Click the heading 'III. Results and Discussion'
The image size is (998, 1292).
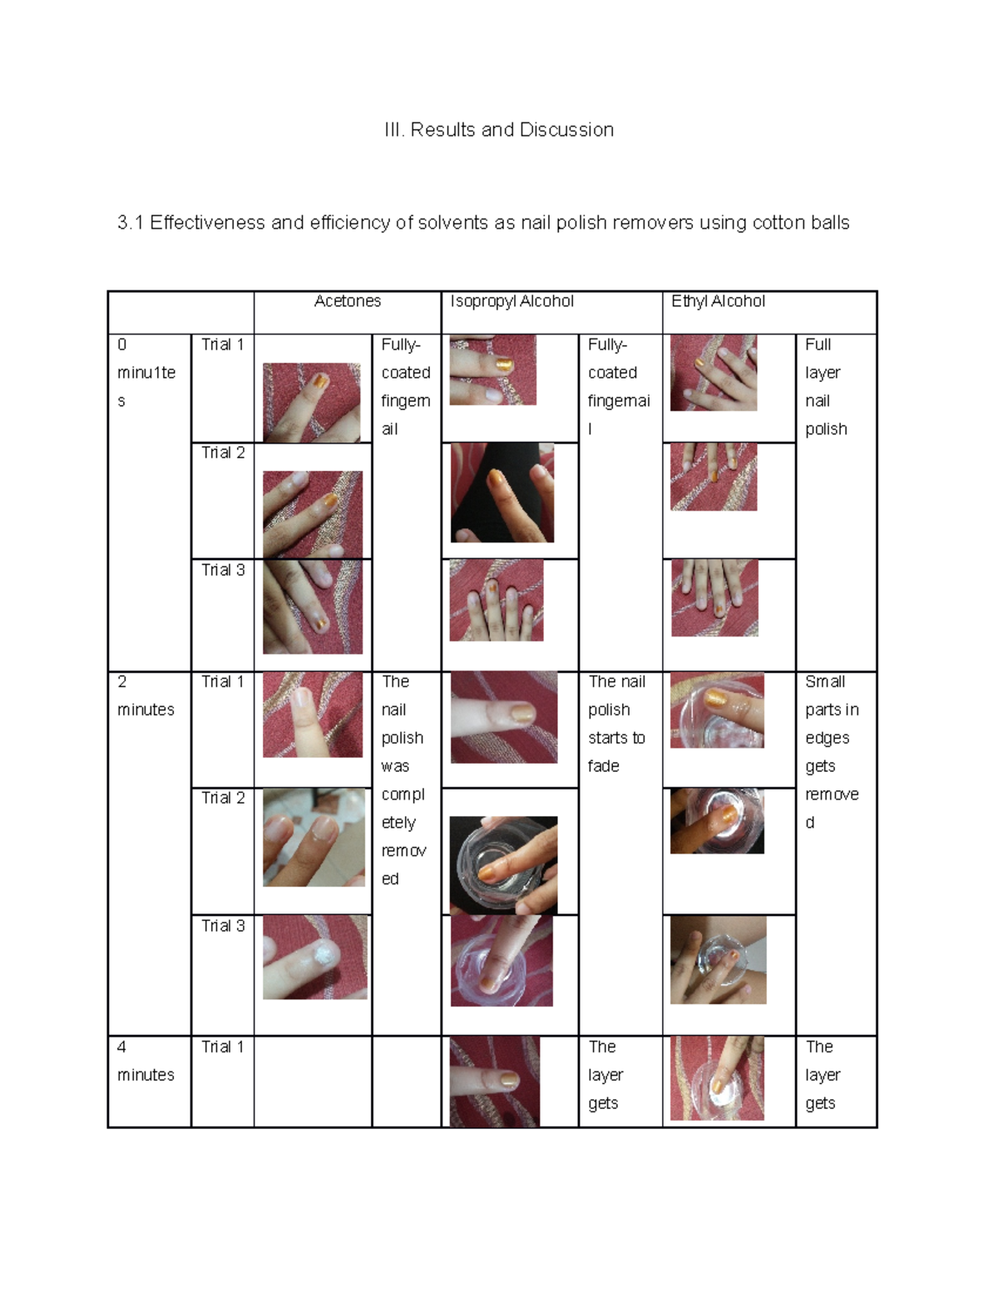point(499,130)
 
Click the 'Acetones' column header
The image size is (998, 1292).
point(347,301)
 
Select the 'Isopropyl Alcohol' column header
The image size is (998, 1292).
point(511,301)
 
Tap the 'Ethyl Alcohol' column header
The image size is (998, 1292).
point(718,301)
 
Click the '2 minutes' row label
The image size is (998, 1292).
point(146,696)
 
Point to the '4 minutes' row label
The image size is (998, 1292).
point(146,1061)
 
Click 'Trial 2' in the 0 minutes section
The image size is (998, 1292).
point(223,453)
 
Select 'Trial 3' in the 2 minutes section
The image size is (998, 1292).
point(223,925)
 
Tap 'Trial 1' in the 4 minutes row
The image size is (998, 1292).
point(223,1047)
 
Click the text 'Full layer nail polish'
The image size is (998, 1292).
point(826,387)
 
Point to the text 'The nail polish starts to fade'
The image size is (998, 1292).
point(616,724)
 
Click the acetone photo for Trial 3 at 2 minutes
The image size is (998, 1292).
point(314,957)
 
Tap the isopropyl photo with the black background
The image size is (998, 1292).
point(502,493)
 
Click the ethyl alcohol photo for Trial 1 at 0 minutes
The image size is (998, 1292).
point(714,373)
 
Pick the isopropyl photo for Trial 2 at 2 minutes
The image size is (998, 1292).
point(503,865)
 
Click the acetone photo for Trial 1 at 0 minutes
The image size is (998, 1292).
point(311,402)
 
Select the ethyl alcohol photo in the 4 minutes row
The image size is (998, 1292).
point(716,1077)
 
